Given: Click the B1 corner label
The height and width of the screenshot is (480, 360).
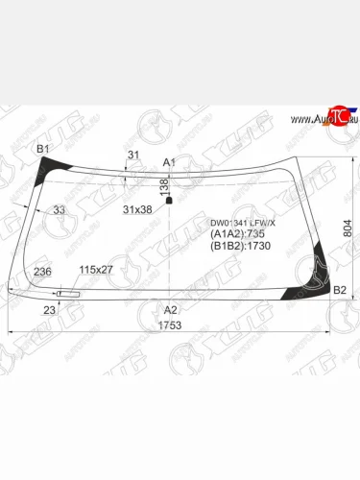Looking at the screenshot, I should pos(43,148).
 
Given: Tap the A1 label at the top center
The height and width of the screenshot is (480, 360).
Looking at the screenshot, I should pos(170,161).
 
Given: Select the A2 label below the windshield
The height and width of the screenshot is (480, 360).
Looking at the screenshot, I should pos(171,309).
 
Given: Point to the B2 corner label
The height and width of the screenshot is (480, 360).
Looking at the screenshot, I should pos(339,289).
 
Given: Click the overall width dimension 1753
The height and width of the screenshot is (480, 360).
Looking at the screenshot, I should pos(170,324).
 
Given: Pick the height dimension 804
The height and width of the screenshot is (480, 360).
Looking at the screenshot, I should pos(348,228).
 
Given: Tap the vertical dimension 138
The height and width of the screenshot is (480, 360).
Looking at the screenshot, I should pos(163,186).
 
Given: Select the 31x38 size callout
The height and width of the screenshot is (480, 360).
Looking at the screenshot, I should pos(137,209).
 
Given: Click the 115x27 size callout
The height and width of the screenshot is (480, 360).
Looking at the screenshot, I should pos(96,269).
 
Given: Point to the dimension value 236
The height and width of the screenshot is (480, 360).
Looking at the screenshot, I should pos(43,273).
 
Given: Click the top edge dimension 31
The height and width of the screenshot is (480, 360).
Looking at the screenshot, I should pos(133,155).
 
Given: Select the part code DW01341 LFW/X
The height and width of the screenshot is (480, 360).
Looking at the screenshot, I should pos(242,223).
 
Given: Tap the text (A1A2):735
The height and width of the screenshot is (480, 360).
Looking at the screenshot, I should pos(236,234).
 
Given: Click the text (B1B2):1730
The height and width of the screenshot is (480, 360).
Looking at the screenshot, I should pos(239,246).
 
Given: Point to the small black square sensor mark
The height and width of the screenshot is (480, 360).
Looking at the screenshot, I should pos(170,201).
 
